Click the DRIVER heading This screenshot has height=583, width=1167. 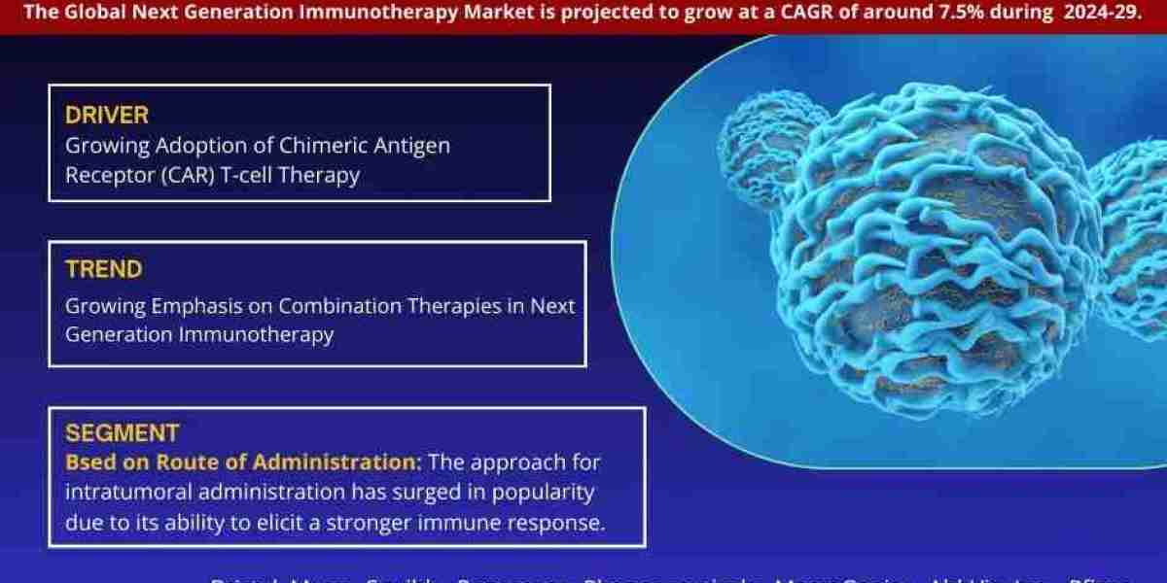tap(107, 115)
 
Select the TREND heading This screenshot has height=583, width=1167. tap(104, 269)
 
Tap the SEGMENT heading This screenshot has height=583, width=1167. tap(122, 432)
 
